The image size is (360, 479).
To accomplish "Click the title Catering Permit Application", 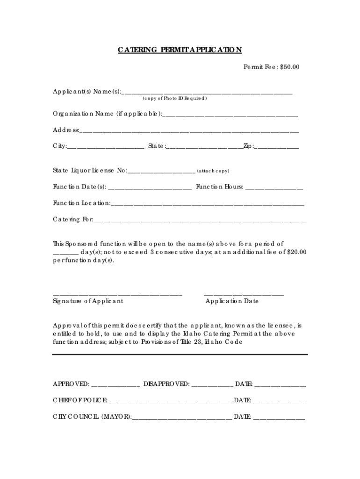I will click(180, 50).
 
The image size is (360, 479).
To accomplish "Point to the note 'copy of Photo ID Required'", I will click(174, 99).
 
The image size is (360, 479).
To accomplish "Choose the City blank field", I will click(106, 147).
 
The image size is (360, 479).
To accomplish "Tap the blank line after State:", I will click(204, 147).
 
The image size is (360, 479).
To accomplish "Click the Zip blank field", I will click(277, 147).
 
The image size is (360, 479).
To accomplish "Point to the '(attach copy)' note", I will click(213, 171).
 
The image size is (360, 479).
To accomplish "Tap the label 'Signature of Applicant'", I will click(88, 301).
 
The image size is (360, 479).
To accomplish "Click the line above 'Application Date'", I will click(244, 295).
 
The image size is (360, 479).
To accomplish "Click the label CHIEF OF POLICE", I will click(80, 400).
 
